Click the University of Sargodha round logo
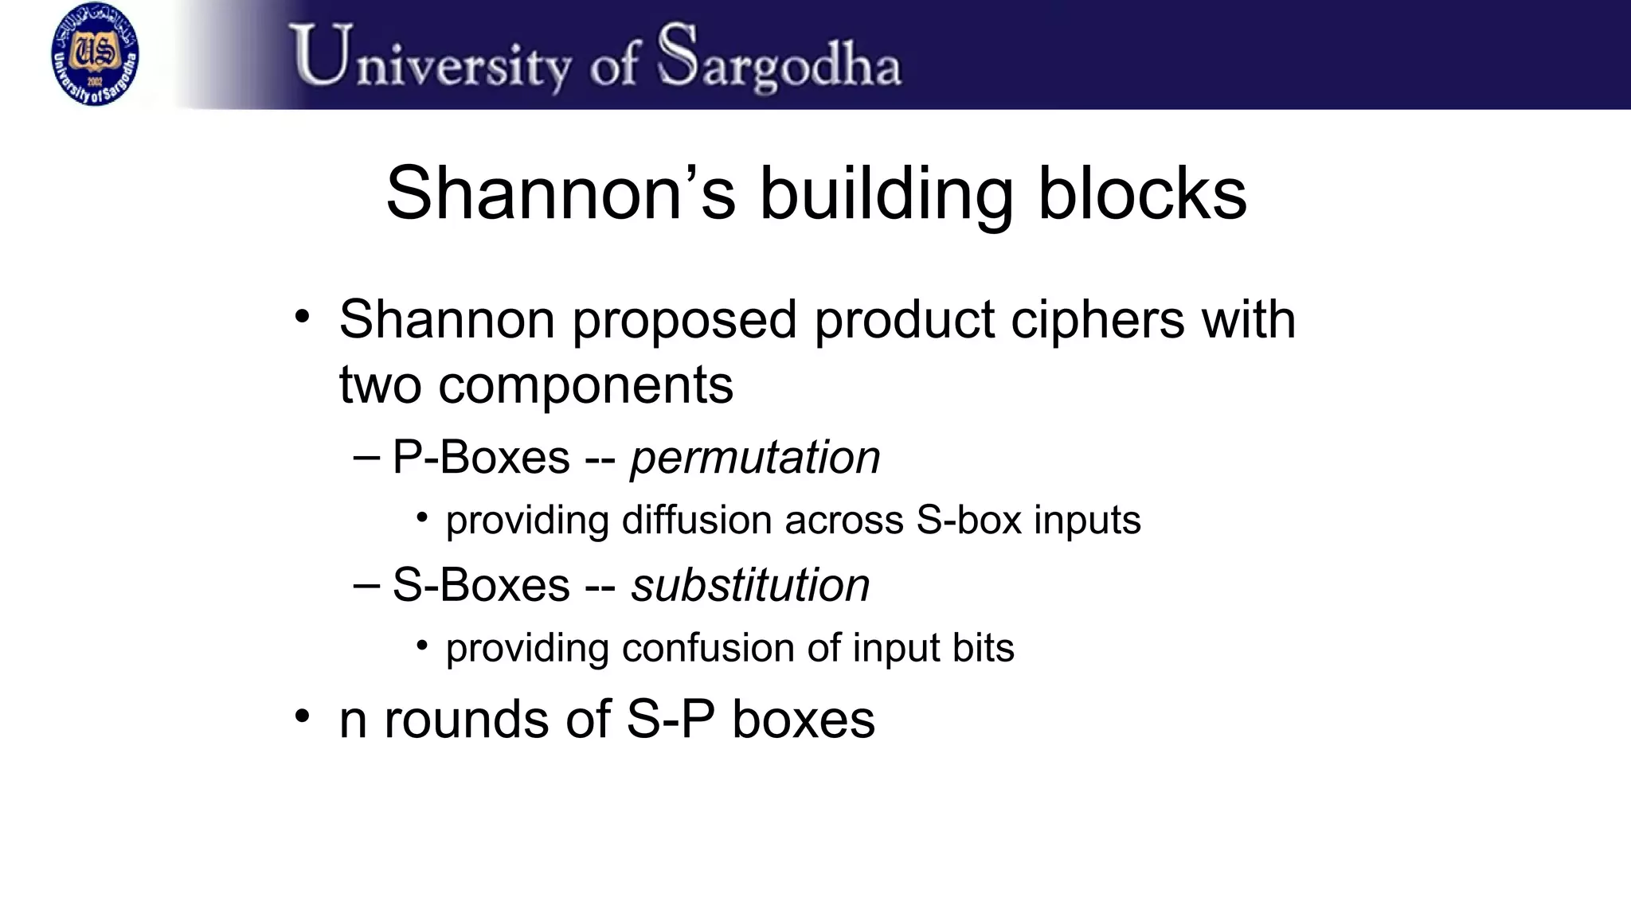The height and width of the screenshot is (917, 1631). (x=95, y=54)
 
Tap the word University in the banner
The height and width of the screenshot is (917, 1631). (x=430, y=57)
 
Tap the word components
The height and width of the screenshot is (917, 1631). (x=585, y=385)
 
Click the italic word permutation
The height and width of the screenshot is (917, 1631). (x=755, y=458)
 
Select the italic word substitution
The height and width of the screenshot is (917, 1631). (x=750, y=586)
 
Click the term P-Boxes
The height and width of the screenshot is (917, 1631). (x=481, y=458)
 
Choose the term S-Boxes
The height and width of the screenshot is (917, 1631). (x=481, y=586)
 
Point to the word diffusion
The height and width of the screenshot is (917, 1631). (x=697, y=521)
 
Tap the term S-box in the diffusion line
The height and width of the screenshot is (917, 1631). (x=968, y=521)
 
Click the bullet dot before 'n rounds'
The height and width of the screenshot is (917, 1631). (x=302, y=716)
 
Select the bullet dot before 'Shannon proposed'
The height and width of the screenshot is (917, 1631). (x=302, y=317)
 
